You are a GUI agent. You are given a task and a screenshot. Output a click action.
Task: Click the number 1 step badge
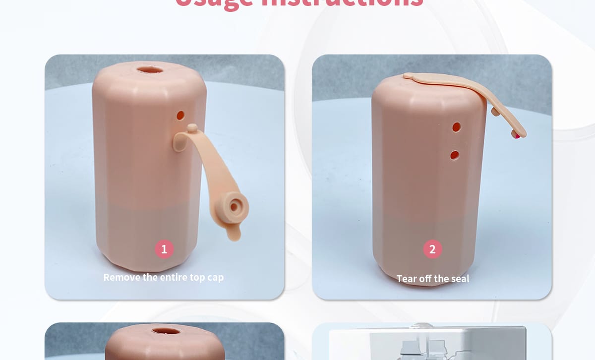pos(164,249)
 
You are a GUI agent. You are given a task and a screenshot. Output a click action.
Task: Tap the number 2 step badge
pos(432,249)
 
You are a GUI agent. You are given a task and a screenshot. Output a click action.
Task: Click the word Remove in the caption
pos(122,277)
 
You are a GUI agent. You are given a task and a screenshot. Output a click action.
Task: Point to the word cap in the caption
pos(215,278)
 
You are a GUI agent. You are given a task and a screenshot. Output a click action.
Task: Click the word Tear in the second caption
pos(407,279)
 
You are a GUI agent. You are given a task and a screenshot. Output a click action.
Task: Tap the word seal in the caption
pos(459,279)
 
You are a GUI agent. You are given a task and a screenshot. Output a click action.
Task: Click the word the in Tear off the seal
pos(440,279)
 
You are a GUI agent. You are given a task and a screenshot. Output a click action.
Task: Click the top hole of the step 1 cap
pos(150,69)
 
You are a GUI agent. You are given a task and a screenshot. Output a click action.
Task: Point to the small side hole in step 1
pos(180,115)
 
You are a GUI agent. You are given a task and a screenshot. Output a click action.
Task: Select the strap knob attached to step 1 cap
pos(192,129)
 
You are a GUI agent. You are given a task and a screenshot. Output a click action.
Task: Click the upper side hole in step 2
pos(457,127)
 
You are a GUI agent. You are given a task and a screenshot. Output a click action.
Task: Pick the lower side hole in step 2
pos(455,155)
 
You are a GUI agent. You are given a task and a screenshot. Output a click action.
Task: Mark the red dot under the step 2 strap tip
pos(517,135)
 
